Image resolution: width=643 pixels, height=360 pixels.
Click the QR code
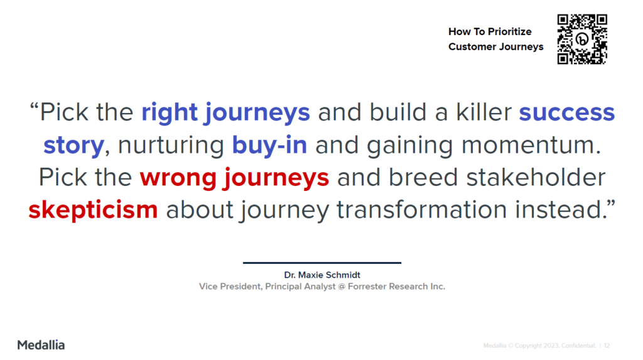[582, 40]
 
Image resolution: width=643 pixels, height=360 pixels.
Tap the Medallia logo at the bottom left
[41, 345]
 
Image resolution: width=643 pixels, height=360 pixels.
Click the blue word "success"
[567, 112]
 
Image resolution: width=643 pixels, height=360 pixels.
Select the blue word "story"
[74, 146]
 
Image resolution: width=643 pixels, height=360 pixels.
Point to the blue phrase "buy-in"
[269, 145]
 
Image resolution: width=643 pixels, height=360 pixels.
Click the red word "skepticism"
[93, 210]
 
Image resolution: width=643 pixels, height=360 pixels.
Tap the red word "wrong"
[178, 178]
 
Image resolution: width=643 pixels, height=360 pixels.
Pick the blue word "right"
[170, 112]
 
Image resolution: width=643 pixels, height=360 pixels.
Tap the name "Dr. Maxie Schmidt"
[322, 275]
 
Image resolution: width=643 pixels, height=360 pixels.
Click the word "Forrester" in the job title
[367, 286]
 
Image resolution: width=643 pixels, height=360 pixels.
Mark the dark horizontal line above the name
[322, 263]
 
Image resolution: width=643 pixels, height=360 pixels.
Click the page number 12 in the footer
[607, 346]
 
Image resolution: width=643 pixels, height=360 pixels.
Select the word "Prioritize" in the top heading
[510, 31]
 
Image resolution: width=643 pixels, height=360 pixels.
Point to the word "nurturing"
[171, 146]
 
